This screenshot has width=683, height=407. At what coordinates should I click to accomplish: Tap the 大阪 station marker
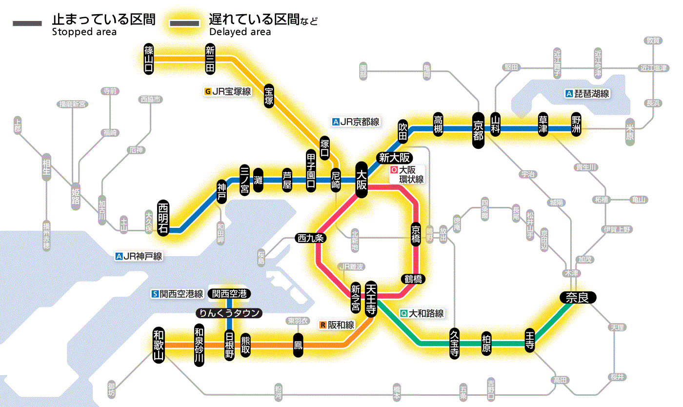click(x=362, y=180)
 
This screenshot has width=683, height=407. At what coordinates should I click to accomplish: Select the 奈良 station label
click(x=577, y=297)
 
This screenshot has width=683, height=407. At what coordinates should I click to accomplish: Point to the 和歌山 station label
click(x=159, y=345)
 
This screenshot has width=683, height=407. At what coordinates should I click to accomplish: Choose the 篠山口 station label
click(x=149, y=59)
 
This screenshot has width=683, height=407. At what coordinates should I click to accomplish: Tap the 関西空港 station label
click(x=229, y=294)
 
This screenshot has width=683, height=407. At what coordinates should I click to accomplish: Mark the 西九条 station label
click(x=311, y=239)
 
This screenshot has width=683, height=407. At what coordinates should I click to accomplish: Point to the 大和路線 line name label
click(x=426, y=313)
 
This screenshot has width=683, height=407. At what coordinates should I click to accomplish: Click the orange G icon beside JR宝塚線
click(x=208, y=91)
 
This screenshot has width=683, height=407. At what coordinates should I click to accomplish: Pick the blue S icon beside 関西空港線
click(x=155, y=294)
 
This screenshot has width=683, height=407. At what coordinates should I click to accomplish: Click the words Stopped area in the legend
click(x=84, y=32)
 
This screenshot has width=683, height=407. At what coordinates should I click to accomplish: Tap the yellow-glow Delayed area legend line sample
click(x=184, y=23)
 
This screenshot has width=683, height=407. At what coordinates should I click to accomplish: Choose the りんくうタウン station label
click(x=229, y=313)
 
